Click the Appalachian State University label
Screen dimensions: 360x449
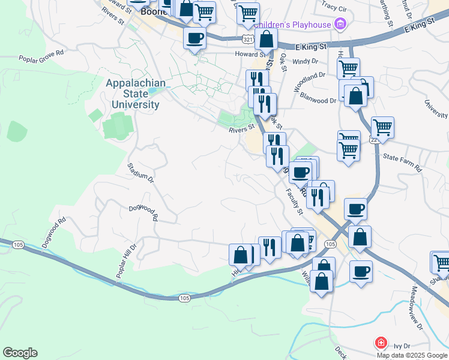click(x=133, y=94)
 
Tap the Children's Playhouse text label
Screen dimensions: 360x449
click(x=292, y=25)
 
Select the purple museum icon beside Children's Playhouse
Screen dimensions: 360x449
click(x=340, y=25)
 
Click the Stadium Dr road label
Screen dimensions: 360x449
click(x=141, y=171)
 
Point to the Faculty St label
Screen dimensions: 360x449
click(x=294, y=202)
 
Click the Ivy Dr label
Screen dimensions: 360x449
click(x=402, y=346)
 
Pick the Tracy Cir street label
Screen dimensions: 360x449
click(x=334, y=8)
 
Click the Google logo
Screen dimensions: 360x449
click(x=20, y=353)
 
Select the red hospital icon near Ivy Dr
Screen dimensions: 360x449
click(x=381, y=344)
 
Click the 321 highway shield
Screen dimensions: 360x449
click(x=248, y=38)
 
